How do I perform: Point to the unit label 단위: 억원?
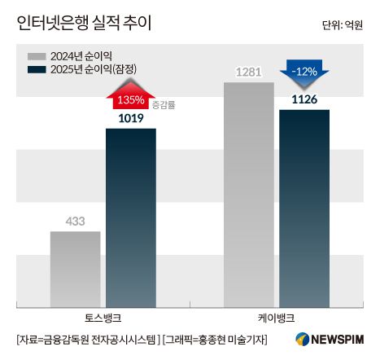[x=343, y=25]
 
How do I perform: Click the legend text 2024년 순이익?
[x=79, y=56]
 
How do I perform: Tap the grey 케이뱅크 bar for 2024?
[x=248, y=192]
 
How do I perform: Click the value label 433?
[x=76, y=221]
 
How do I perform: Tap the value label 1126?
[x=304, y=100]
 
